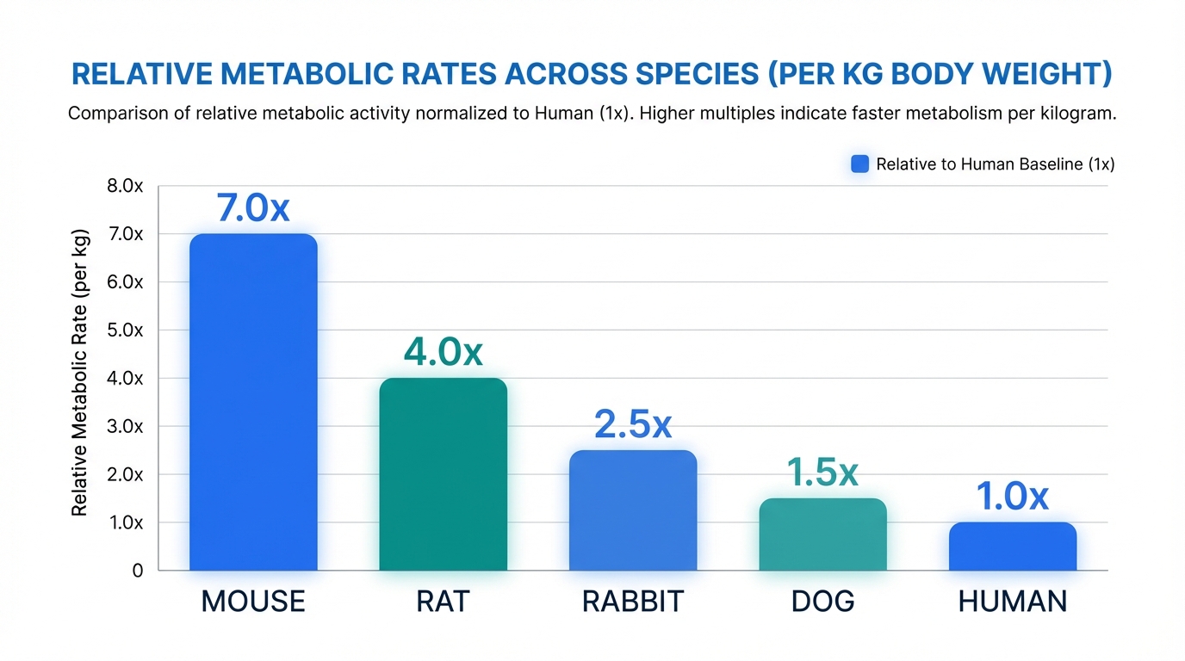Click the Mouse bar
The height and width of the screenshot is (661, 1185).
pyautogui.click(x=253, y=402)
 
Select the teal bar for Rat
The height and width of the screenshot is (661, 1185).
pyautogui.click(x=444, y=474)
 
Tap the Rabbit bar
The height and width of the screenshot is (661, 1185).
pyautogui.click(x=633, y=510)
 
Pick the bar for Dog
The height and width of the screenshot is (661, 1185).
pyautogui.click(x=822, y=534)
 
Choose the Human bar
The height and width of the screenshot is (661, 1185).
pyautogui.click(x=1013, y=547)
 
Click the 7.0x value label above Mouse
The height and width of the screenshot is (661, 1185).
pyautogui.click(x=253, y=207)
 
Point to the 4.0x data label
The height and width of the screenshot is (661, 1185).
pyautogui.click(x=444, y=352)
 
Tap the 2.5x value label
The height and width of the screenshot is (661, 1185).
pyautogui.click(x=633, y=424)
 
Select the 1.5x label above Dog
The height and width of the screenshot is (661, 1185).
pyautogui.click(x=822, y=472)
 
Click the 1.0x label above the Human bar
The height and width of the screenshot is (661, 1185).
pyautogui.click(x=1012, y=496)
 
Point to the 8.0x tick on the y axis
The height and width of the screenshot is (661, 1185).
pyautogui.click(x=125, y=186)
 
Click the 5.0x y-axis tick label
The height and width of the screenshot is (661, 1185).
pyautogui.click(x=125, y=330)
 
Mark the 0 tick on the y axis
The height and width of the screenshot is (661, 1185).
pyautogui.click(x=138, y=571)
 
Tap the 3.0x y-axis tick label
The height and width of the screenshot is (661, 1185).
pyautogui.click(x=125, y=426)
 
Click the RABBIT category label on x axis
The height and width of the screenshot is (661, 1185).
pyautogui.click(x=633, y=602)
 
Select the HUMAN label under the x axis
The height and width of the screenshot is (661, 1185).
pyautogui.click(x=1013, y=602)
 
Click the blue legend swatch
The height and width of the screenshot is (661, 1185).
pyautogui.click(x=859, y=164)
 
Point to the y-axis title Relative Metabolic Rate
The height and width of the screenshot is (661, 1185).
pyautogui.click(x=79, y=373)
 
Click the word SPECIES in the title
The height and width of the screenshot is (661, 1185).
pyautogui.click(x=697, y=73)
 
